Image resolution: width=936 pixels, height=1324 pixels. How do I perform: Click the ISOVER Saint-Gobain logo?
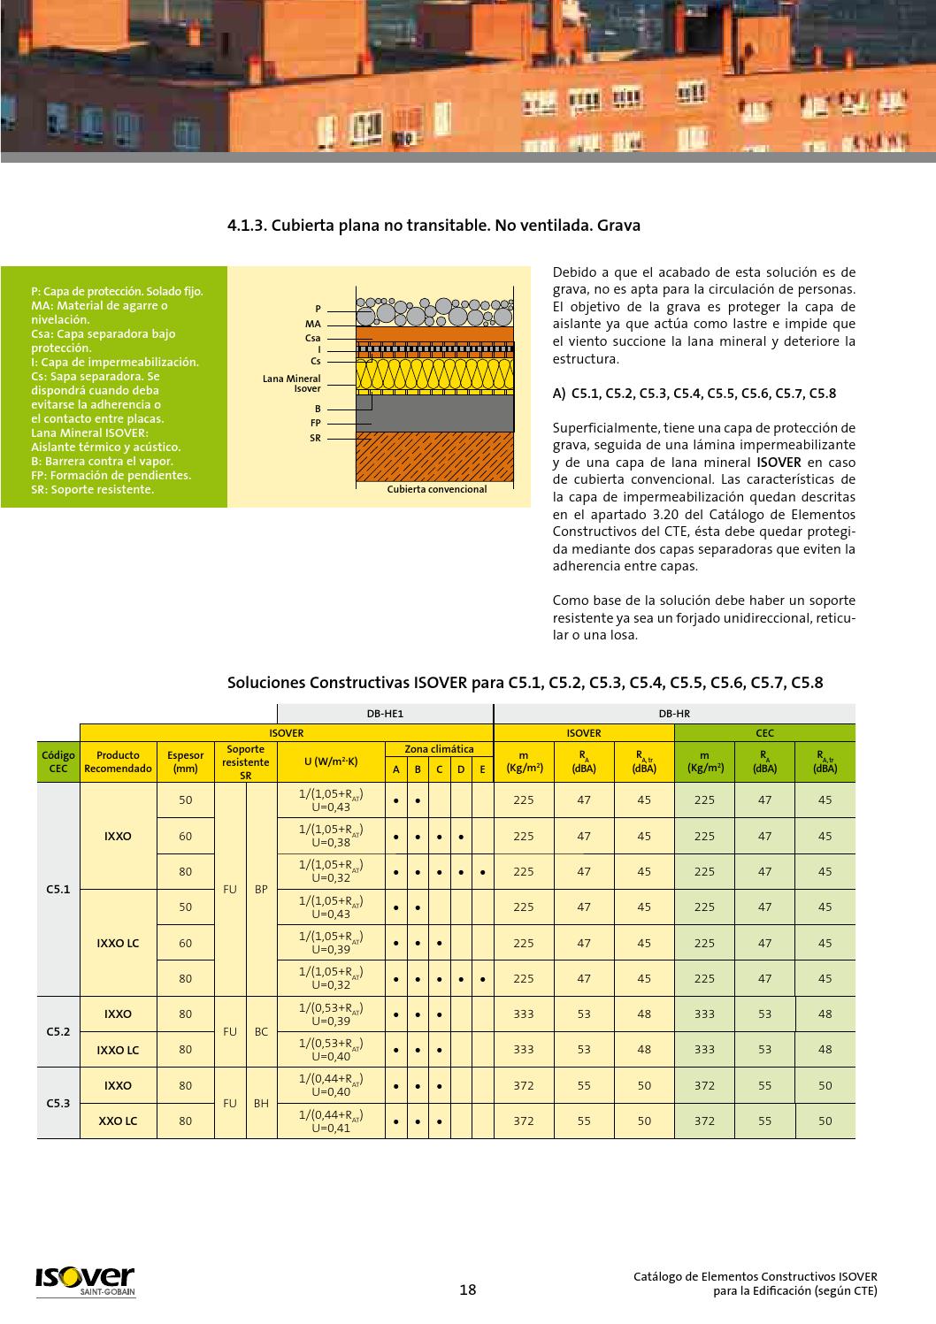point(85,1281)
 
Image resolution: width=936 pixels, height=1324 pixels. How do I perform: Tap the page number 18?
point(467,1290)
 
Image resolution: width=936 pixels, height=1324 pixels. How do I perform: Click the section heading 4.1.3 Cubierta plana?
point(433,226)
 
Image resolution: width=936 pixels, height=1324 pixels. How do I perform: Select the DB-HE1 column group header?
point(385,714)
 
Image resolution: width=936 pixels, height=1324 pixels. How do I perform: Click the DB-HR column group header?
point(674,714)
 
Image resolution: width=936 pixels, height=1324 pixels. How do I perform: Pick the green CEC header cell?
point(764,732)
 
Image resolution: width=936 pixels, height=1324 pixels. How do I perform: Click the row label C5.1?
point(58,889)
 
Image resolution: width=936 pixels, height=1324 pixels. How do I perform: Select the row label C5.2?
point(58,1031)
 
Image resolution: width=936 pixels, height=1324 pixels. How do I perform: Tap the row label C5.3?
point(58,1103)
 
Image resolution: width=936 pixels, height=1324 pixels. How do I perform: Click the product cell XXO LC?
point(118,1121)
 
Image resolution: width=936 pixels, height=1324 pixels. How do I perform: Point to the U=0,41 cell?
point(331,1121)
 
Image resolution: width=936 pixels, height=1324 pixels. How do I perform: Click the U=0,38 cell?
point(331,837)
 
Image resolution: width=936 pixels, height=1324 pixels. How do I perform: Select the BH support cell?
point(261,1103)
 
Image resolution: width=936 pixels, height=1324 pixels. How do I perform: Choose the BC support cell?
point(261,1031)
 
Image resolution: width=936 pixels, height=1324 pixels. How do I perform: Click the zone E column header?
point(482,769)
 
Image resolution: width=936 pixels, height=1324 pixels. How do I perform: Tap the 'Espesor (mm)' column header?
point(185,761)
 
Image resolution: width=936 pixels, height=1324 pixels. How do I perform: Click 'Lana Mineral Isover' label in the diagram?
point(292,384)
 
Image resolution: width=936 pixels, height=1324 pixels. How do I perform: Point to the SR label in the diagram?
point(315,439)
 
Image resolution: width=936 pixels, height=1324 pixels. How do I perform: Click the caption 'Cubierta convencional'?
point(436,489)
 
